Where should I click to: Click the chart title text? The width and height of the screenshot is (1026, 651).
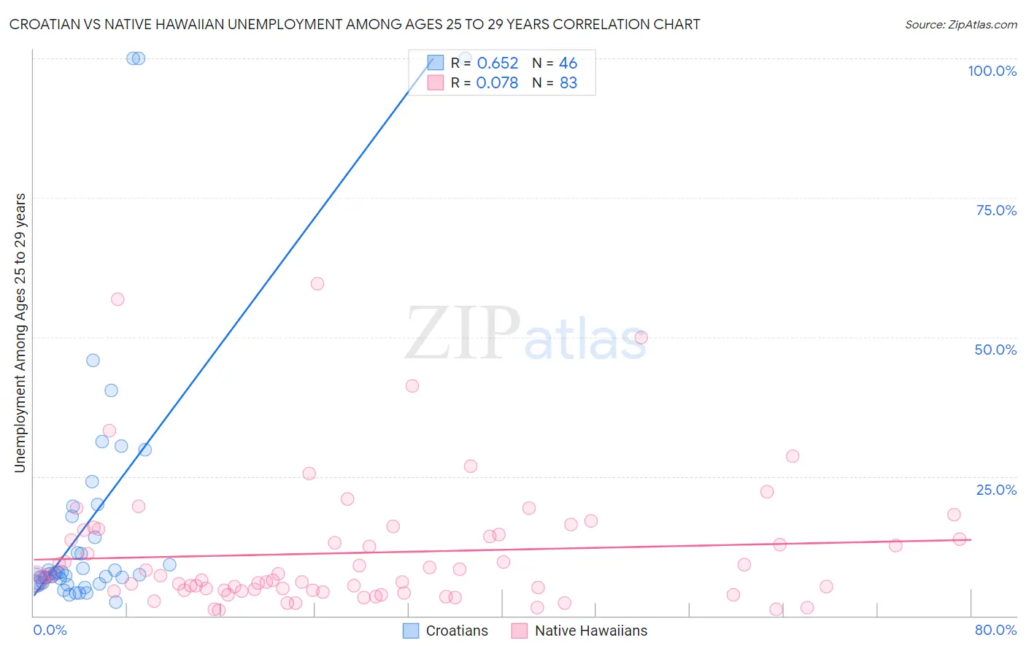(355, 24)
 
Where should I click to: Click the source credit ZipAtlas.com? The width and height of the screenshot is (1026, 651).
(960, 24)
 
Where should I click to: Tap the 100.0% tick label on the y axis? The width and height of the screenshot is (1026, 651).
(992, 71)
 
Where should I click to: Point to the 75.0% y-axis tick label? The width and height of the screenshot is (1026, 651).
(996, 210)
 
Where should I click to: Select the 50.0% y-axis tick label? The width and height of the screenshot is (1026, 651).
(995, 350)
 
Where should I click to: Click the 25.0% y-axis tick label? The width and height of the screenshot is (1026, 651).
(996, 490)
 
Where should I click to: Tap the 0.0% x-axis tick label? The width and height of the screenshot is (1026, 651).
(50, 630)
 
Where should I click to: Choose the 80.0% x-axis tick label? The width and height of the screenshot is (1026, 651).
(995, 630)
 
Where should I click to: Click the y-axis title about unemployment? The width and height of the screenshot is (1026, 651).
(20, 333)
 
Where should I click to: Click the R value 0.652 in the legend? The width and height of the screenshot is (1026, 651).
(497, 63)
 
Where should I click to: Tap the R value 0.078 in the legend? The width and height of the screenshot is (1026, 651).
(497, 83)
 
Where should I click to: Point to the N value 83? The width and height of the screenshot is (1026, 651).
(568, 83)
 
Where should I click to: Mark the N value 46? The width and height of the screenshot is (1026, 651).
(568, 63)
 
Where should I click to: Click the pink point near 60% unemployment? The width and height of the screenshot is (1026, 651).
(317, 284)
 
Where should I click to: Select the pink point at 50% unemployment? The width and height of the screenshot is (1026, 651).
(641, 337)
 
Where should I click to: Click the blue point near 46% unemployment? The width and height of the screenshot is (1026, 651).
(93, 361)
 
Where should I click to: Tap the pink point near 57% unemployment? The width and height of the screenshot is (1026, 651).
(117, 299)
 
